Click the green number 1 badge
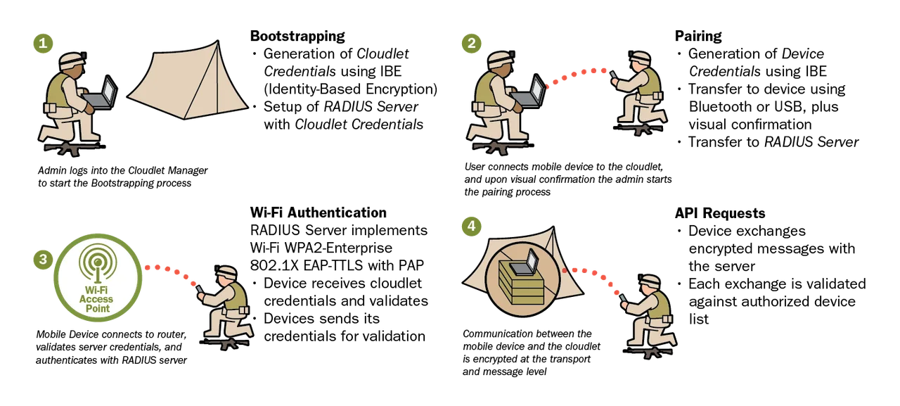coord(42,44)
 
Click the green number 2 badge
coord(472,44)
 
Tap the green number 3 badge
coord(42,259)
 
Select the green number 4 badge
coord(472,226)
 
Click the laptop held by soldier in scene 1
coord(102,95)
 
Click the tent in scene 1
coord(188,84)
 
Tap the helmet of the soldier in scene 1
coord(72,60)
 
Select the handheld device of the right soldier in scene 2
coord(612,75)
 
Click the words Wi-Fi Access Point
coord(96,299)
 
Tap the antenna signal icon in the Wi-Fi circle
coord(97,262)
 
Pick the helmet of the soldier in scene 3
coord(226,272)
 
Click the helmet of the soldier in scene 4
coord(650,281)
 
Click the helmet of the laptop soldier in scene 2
coord(500,60)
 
